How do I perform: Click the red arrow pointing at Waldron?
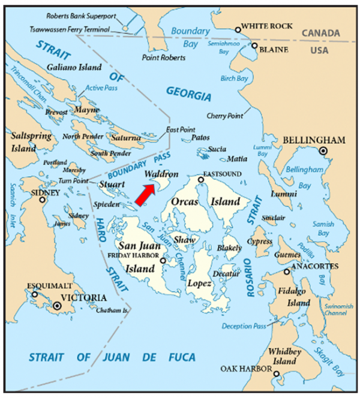coord(145,195)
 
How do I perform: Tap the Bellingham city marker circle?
coord(324,152)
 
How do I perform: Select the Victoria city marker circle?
coord(57,306)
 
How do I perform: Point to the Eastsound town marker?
coord(201,179)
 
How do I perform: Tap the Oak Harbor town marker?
coord(276,375)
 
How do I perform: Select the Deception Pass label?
coord(243,326)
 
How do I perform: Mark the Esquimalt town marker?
coord(34,294)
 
